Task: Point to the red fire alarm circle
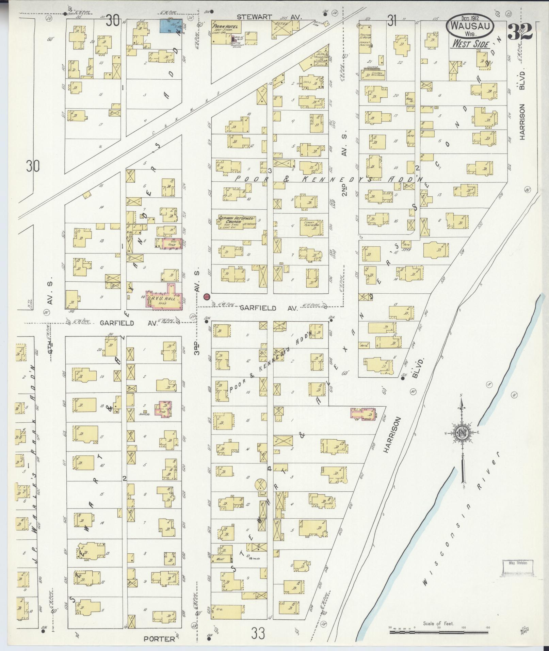pos(206,297)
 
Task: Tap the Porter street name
pos(155,639)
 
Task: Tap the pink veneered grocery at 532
pos(171,244)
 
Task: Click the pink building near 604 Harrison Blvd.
pos(363,414)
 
